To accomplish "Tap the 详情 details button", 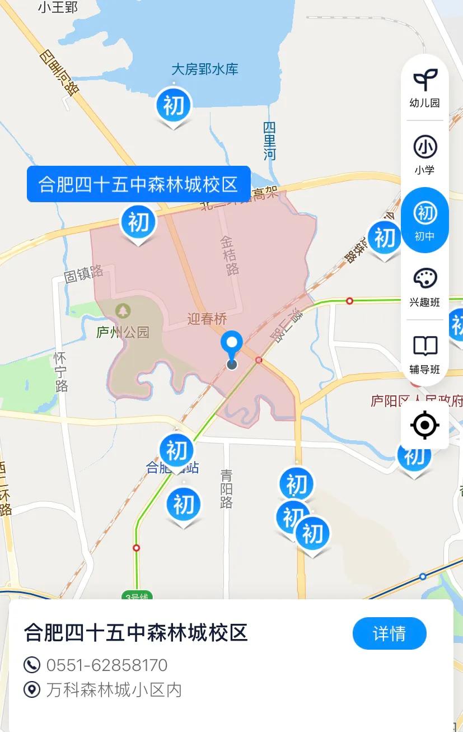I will pyautogui.click(x=389, y=633).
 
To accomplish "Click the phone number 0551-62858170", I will pyautogui.click(x=106, y=665).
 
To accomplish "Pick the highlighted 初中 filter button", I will pyautogui.click(x=424, y=220).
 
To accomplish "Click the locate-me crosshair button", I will pyautogui.click(x=424, y=425).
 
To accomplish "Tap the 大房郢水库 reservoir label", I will pyautogui.click(x=205, y=69).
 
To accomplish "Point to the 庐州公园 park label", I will pyautogui.click(x=123, y=333).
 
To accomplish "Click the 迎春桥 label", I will pyautogui.click(x=207, y=319).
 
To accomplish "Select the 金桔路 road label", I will pyautogui.click(x=229, y=255).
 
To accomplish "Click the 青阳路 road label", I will pyautogui.click(x=226, y=488).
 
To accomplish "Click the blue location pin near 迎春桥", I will pyautogui.click(x=231, y=343).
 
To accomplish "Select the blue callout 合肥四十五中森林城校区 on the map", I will pyautogui.click(x=138, y=184).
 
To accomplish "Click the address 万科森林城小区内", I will pyautogui.click(x=114, y=689).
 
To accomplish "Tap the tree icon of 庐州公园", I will pyautogui.click(x=123, y=310).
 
